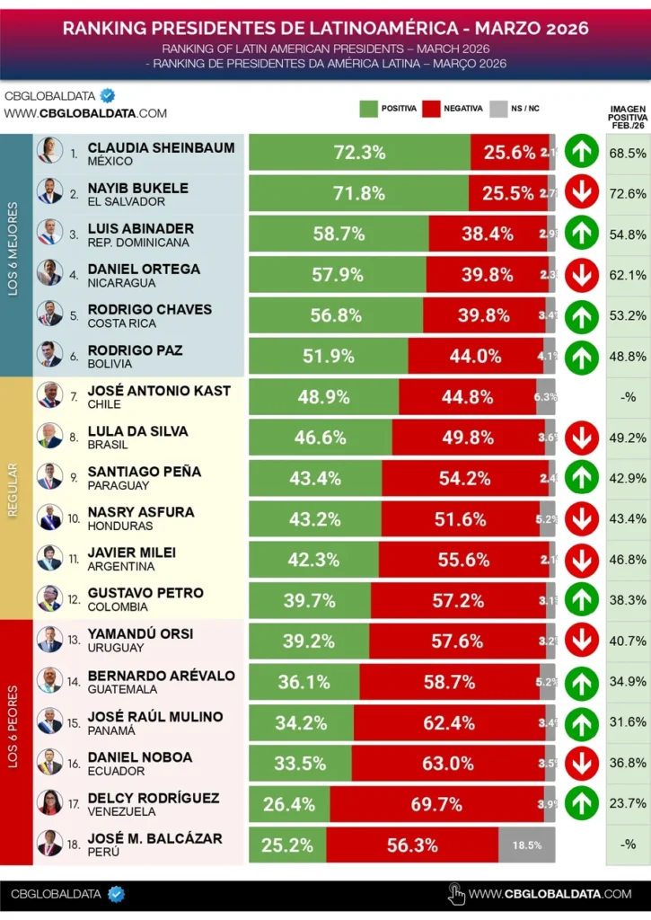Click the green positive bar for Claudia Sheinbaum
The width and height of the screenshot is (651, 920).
click(359, 152)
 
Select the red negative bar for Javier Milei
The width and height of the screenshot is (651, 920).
click(463, 560)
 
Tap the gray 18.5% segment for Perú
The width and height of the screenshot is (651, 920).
click(526, 845)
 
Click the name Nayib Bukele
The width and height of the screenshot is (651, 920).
click(137, 188)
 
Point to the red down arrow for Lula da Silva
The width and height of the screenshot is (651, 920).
click(582, 438)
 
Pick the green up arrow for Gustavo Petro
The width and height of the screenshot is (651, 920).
click(582, 600)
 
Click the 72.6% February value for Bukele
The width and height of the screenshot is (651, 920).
click(627, 193)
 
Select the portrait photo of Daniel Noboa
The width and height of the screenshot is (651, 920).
click(49, 762)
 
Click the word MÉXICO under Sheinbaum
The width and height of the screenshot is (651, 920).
click(110, 162)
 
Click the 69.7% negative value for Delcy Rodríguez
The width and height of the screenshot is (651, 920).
click(436, 804)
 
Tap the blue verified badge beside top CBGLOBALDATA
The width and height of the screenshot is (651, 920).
click(108, 95)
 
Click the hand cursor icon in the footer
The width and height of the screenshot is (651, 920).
click(456, 893)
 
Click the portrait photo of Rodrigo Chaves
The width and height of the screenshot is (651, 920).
click(49, 314)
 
